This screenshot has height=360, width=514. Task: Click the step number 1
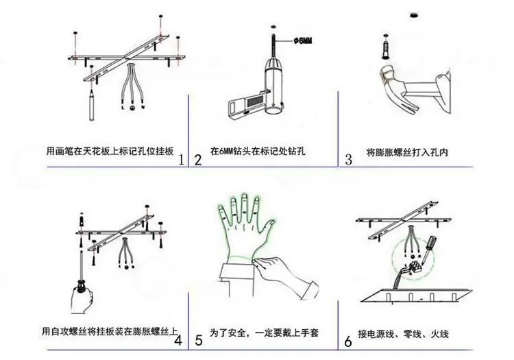[x=182, y=160]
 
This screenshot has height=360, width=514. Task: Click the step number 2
[x=197, y=160]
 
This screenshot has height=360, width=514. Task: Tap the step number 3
[x=348, y=160]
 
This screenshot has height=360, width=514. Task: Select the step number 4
[x=178, y=340]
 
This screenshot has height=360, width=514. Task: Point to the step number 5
[x=199, y=340]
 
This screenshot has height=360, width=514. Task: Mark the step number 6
[x=348, y=341]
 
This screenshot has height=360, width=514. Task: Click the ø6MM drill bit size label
[x=302, y=40]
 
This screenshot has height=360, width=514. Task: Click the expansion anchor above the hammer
[x=384, y=47]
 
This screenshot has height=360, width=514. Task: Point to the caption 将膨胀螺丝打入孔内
[x=407, y=152]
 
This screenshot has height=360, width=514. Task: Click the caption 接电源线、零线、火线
[x=403, y=334]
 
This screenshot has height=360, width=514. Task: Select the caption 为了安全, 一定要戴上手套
[x=264, y=333]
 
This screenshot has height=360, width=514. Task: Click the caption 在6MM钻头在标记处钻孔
[x=258, y=151]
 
